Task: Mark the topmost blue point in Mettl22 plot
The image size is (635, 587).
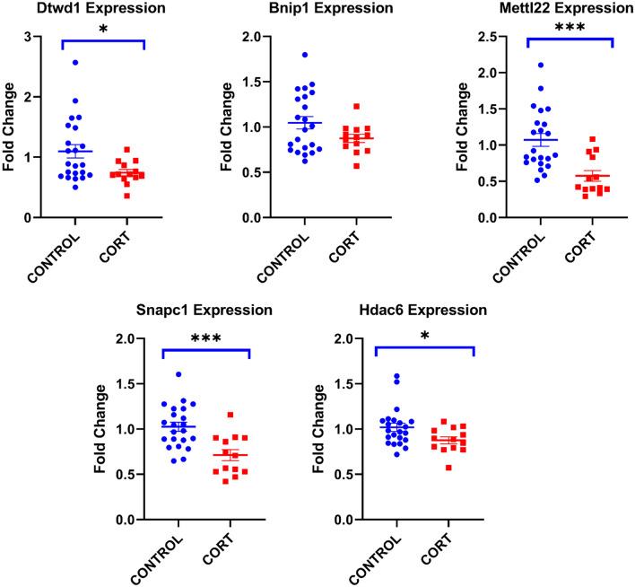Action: pyautogui.click(x=540, y=66)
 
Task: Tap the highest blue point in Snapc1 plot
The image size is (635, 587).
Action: pyautogui.click(x=178, y=374)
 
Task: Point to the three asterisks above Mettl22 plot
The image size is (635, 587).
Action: pyautogui.click(x=570, y=29)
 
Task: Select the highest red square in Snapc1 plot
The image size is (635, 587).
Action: pyautogui.click(x=231, y=416)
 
